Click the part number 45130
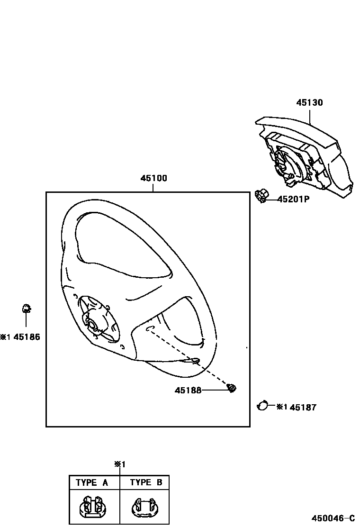pyautogui.click(x=310, y=102)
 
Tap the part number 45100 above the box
pyautogui.click(x=153, y=179)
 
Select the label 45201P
pyautogui.click(x=293, y=200)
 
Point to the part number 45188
pyautogui.click(x=188, y=390)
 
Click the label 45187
pyautogui.click(x=303, y=407)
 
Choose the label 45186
pyautogui.click(x=27, y=337)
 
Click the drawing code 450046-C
pyautogui.click(x=333, y=518)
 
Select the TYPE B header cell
pyautogui.click(x=146, y=482)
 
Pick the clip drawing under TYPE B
pyautogui.click(x=145, y=507)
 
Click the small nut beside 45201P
pyautogui.click(x=260, y=195)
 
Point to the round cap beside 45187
pyautogui.click(x=262, y=406)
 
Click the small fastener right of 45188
pyautogui.click(x=232, y=388)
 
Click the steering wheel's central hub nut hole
pyautogui.click(x=91, y=325)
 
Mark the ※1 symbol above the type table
pyautogui.click(x=119, y=464)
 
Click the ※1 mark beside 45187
pyautogui.click(x=281, y=407)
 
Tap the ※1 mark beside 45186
pyautogui.click(x=5, y=337)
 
